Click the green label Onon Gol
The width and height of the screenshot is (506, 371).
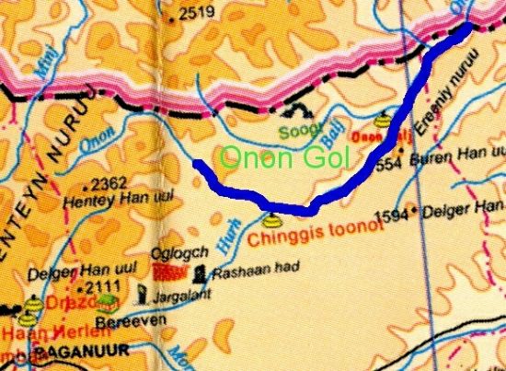coord(284,158)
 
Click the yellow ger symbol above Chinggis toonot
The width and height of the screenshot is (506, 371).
coord(270,221)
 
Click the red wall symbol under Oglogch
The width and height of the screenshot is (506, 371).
coord(167,272)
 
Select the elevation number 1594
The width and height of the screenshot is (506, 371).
coord(390,215)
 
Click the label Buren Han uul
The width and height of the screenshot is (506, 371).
coord(464,173)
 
